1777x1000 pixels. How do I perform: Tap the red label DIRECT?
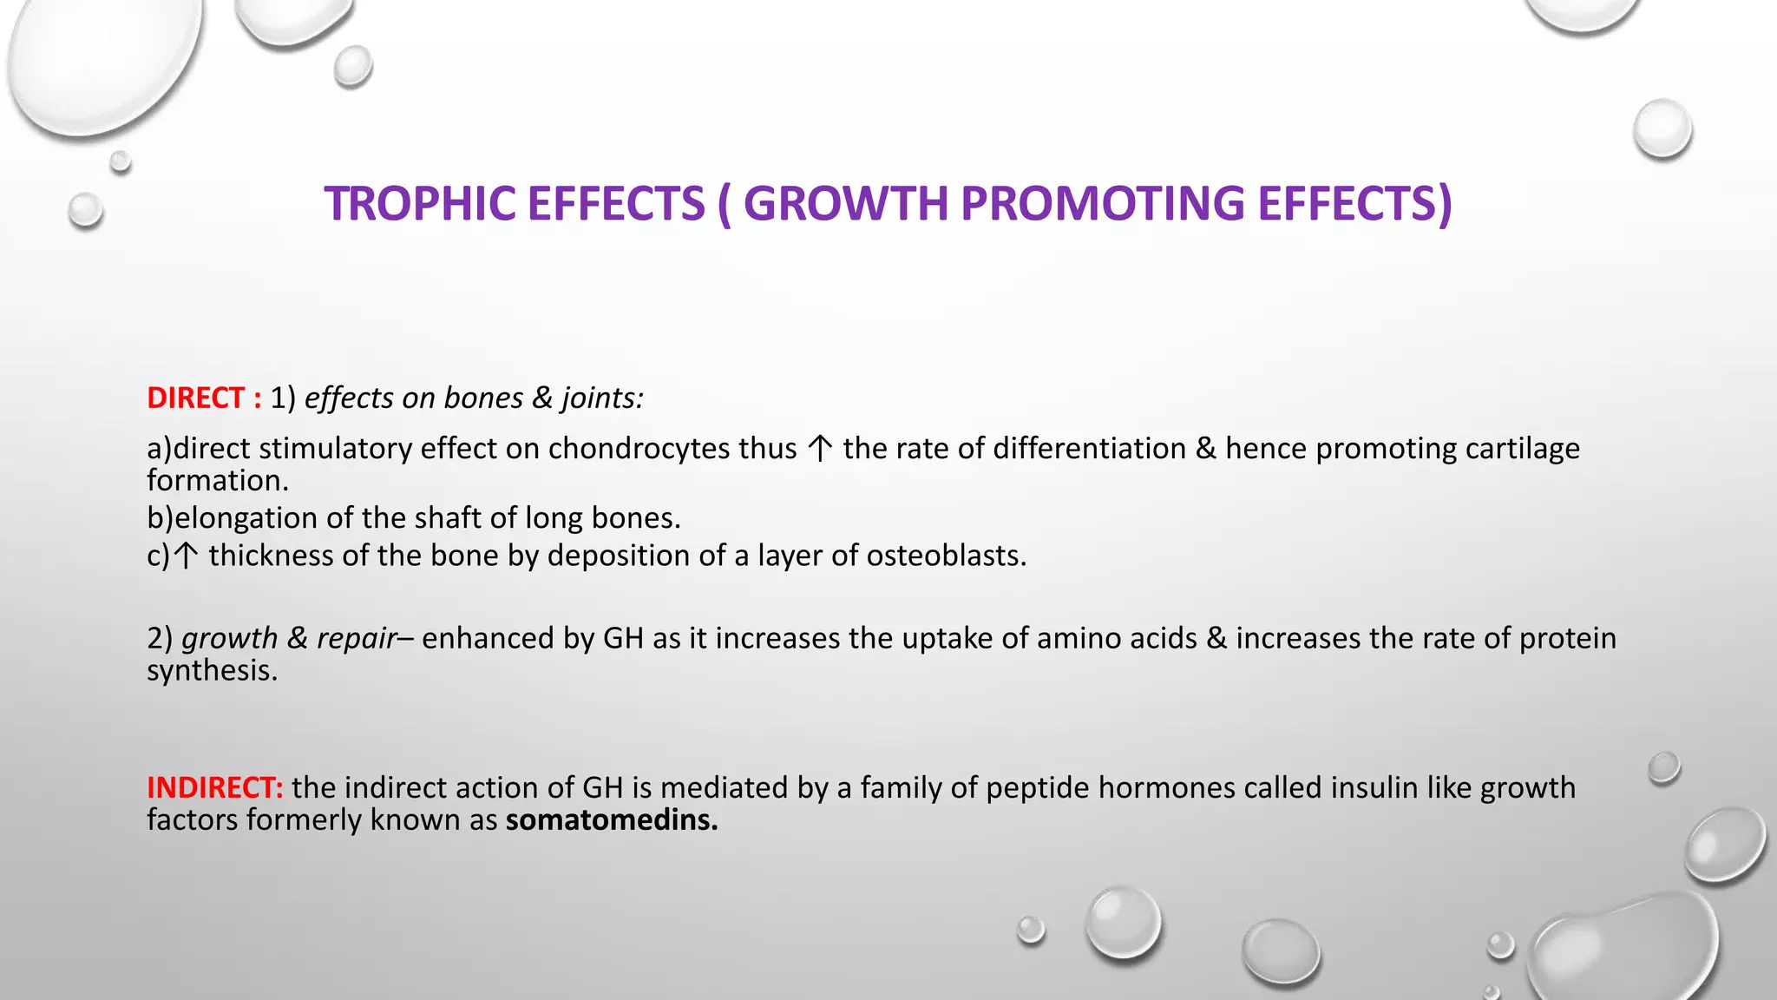tap(195, 398)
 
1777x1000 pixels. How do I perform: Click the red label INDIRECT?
tap(214, 787)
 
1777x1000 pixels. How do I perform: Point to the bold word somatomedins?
tap(611, 819)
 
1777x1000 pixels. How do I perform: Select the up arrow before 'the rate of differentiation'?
tap(820, 449)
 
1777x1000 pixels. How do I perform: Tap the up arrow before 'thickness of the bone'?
tap(185, 556)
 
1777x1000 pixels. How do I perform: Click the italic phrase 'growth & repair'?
tap(288, 638)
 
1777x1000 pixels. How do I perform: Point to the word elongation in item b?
tap(246, 518)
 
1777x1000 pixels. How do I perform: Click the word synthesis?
tap(211, 671)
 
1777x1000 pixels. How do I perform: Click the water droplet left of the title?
tap(85, 210)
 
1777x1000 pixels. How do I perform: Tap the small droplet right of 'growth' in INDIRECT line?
tap(1663, 767)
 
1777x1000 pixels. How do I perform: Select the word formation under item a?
tap(216, 481)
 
